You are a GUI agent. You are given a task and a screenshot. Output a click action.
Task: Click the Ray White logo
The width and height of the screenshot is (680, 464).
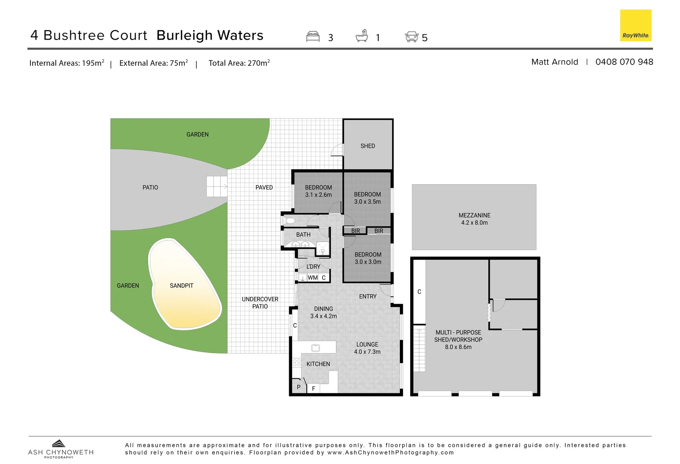click(x=635, y=25)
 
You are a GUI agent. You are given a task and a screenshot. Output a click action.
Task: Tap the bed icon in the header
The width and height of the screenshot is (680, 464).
click(x=313, y=37)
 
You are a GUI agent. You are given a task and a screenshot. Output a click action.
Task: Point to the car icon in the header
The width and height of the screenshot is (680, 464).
click(x=412, y=37)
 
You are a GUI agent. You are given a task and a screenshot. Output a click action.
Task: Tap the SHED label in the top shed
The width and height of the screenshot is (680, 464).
click(x=368, y=146)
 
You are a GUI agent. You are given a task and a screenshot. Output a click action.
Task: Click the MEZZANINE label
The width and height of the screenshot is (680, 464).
click(x=474, y=215)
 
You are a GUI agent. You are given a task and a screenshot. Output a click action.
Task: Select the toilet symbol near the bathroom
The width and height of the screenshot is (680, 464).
click(x=290, y=221)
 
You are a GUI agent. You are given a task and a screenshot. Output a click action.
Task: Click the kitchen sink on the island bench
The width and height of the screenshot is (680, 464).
click(x=315, y=348)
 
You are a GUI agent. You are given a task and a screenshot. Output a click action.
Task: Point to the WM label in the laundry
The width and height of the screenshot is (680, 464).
click(x=313, y=278)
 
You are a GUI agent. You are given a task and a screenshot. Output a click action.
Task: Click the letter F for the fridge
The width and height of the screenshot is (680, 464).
click(x=314, y=388)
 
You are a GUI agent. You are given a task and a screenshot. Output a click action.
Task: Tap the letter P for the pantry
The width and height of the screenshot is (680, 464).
click(x=299, y=387)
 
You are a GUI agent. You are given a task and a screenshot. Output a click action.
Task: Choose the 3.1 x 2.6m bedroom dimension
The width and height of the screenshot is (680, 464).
click(x=318, y=195)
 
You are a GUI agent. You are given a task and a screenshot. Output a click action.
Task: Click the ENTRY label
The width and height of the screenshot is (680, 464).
click(x=368, y=296)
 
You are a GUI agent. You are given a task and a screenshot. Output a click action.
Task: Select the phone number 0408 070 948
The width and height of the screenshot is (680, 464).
click(x=624, y=62)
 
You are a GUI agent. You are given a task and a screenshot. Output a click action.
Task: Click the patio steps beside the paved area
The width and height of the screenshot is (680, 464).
click(x=217, y=186)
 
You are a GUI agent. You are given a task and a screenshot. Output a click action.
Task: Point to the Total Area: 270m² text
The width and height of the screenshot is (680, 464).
click(x=239, y=63)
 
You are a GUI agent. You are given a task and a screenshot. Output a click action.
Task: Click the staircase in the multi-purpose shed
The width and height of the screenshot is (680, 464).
click(x=419, y=348)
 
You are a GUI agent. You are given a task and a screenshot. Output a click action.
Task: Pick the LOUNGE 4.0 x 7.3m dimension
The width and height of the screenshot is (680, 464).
click(x=367, y=351)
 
